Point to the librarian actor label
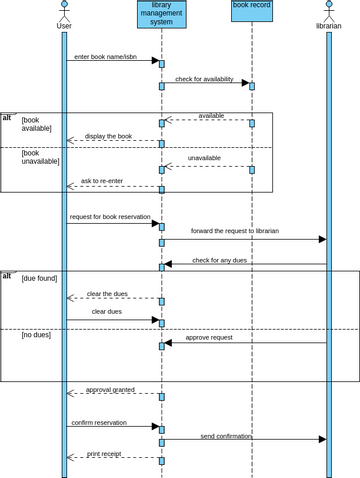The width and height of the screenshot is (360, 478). click(x=328, y=25)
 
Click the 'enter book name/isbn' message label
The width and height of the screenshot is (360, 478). click(x=102, y=56)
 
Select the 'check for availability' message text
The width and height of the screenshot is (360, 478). click(x=206, y=78)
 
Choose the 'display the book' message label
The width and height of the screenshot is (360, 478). click(x=108, y=135)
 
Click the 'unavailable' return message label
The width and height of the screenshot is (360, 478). click(x=205, y=158)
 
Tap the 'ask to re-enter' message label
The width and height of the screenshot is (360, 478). click(x=104, y=181)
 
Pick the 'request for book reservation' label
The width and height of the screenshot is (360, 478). click(x=110, y=217)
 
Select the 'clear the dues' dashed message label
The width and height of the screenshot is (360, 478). click(x=109, y=293)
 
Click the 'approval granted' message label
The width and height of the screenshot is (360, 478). click(x=110, y=389)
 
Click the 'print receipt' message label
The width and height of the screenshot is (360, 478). click(x=104, y=453)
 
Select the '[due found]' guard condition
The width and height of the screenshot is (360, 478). click(x=39, y=278)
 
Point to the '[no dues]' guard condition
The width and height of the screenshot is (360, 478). click(x=36, y=335)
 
